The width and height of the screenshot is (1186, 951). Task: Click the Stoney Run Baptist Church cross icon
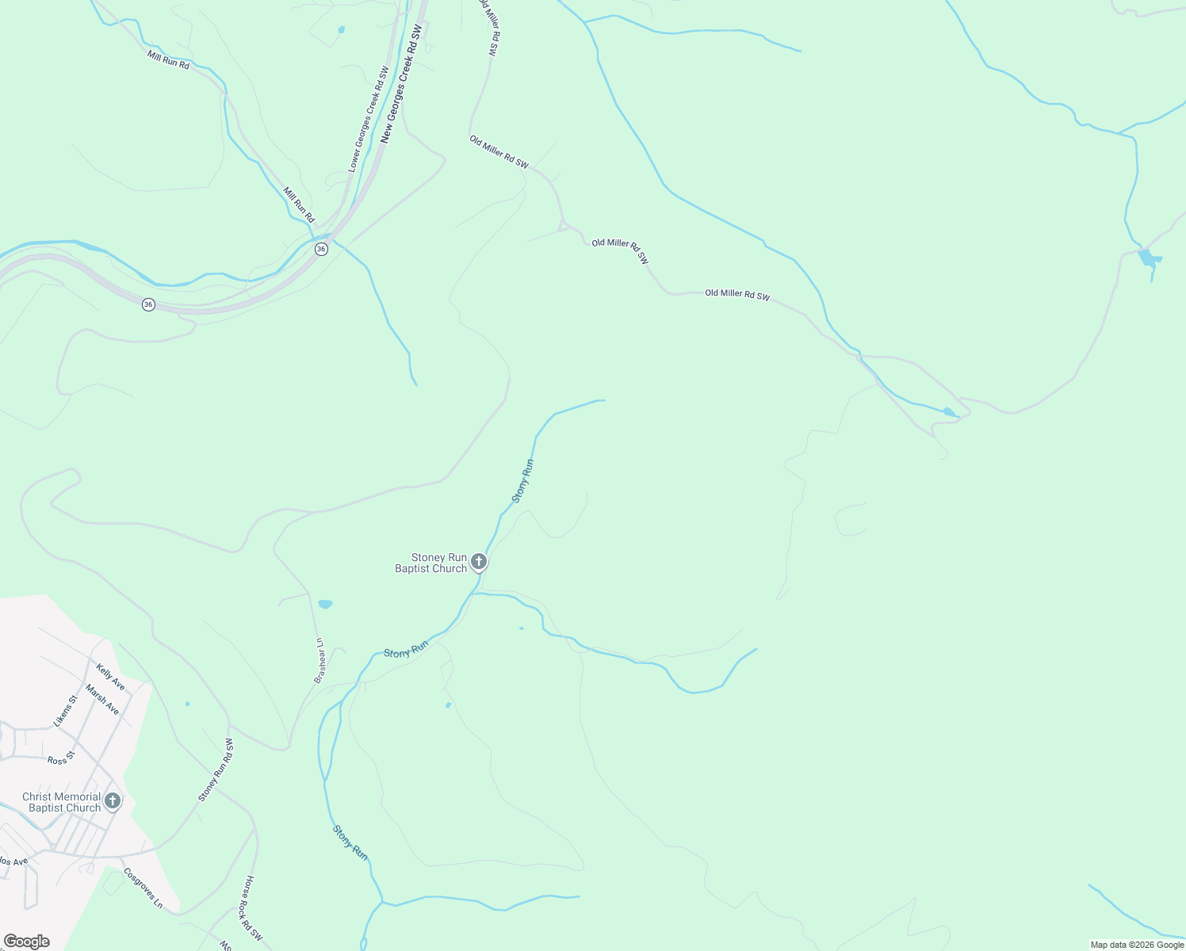tap(478, 562)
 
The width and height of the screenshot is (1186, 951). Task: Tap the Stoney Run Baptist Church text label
tap(431, 563)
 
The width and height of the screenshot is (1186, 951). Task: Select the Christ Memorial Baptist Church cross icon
tap(113, 801)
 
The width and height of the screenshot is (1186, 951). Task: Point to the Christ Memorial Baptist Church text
tap(63, 802)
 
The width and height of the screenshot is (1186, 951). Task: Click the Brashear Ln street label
tap(319, 661)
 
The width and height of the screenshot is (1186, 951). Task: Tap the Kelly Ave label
tap(110, 676)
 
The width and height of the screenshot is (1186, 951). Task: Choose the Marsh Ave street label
tap(102, 700)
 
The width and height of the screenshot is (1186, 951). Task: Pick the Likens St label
tap(65, 711)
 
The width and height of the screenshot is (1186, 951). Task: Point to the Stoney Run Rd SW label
tap(216, 770)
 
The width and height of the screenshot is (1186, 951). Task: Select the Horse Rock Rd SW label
tap(254, 907)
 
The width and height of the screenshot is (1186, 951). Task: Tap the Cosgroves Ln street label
tap(143, 888)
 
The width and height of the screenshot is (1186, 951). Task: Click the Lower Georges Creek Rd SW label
tap(368, 119)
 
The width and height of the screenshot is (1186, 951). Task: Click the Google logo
tap(26, 941)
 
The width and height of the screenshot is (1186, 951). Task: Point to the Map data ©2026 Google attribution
tap(1137, 945)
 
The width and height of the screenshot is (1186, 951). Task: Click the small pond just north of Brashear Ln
tap(325, 605)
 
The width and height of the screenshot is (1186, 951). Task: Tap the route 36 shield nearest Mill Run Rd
tap(321, 249)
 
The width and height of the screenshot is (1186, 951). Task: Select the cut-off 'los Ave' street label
tap(13, 861)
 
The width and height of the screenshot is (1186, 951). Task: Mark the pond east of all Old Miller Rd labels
tap(1149, 258)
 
